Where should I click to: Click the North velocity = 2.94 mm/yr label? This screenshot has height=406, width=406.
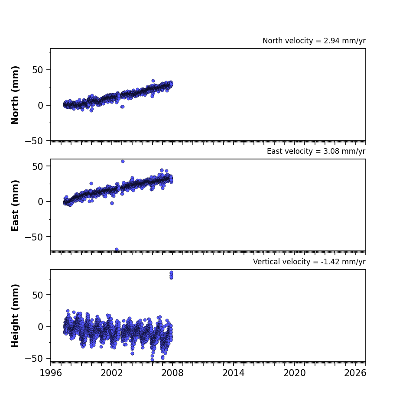pos(314,41)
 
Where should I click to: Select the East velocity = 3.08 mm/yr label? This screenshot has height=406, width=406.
pos(316,151)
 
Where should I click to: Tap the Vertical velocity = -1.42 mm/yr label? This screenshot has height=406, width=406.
pos(309,262)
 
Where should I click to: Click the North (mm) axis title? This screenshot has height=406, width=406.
pos(15,95)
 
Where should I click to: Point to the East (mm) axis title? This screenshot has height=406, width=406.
pos(15,205)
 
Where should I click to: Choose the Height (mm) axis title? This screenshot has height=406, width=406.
pos(15,315)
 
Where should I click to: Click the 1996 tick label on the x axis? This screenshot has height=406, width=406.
pos(51,373)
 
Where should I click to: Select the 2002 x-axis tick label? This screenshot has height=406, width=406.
pos(112,373)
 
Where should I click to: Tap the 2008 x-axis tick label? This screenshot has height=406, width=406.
pos(172,373)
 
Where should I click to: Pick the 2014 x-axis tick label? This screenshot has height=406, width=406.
pos(233,373)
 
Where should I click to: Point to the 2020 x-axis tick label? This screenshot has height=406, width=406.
pos(294,373)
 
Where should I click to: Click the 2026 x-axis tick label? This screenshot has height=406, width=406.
pos(355,373)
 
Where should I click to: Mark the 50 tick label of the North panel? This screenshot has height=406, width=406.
pos(38,70)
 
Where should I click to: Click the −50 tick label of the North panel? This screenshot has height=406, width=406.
pos(34,141)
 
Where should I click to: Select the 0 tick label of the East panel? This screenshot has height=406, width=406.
pos(40,201)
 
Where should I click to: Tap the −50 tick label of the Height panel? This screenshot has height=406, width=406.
pos(34,359)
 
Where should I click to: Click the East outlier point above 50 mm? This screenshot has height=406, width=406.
pos(123,161)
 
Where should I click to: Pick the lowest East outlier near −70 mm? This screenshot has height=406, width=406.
pos(117,249)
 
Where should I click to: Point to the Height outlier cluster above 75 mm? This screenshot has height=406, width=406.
pos(172,275)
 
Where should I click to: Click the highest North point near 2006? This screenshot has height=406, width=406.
pos(153,81)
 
